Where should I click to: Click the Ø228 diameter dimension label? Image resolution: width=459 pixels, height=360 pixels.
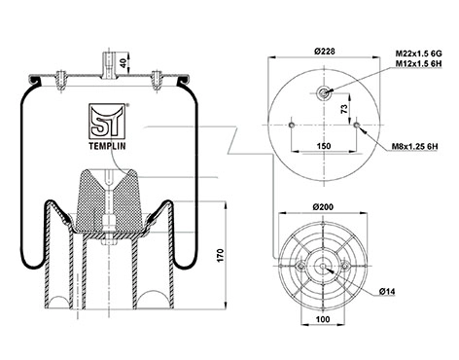click(x=324, y=52)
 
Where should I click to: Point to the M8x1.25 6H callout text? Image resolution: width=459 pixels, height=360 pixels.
click(x=415, y=147)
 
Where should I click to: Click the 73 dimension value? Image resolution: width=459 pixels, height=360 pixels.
click(x=345, y=108)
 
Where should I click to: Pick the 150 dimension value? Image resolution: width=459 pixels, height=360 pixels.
click(x=324, y=146)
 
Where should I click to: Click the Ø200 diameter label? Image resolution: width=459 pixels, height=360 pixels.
click(x=323, y=206)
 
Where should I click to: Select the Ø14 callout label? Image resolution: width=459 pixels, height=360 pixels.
click(x=387, y=292)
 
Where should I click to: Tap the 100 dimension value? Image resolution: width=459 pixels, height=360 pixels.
click(x=323, y=319)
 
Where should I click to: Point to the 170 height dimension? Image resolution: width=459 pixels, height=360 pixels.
click(x=221, y=256)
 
